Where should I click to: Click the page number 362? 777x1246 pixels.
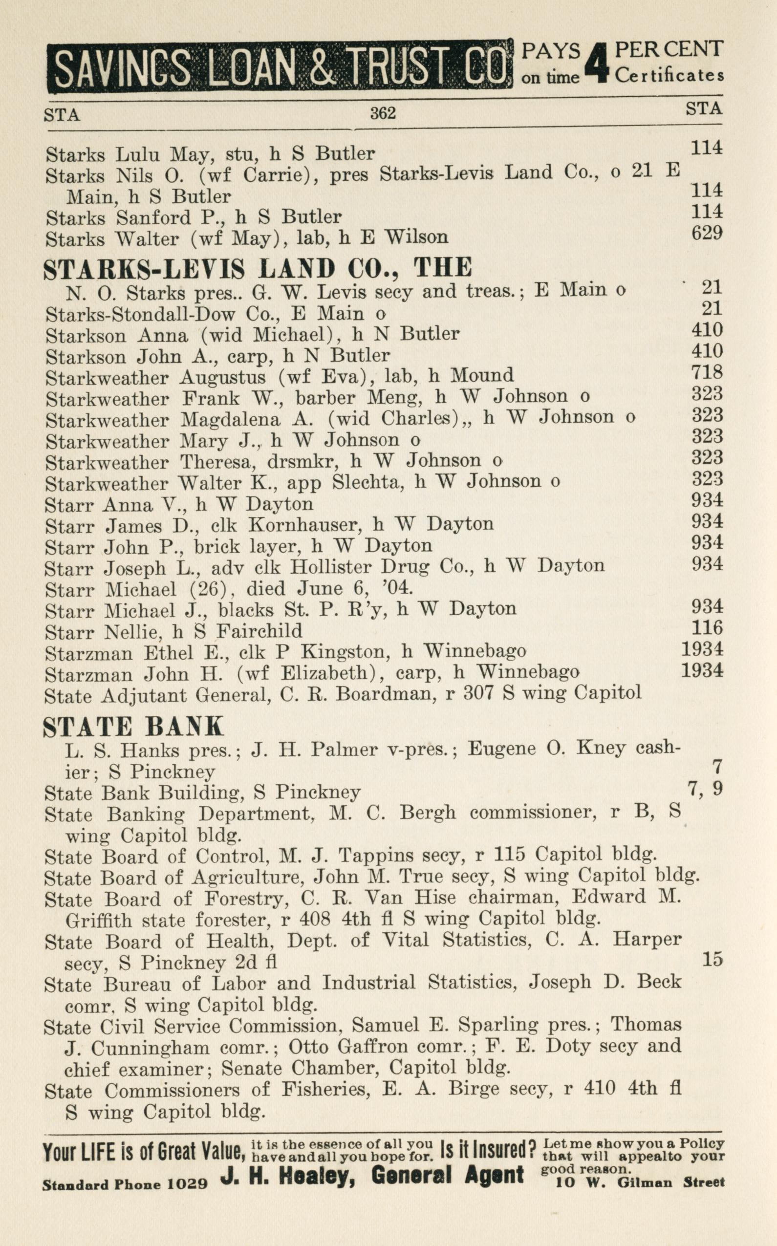click(x=383, y=112)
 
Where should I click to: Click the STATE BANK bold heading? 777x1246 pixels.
click(x=133, y=726)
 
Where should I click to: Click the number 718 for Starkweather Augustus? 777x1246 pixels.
click(x=707, y=372)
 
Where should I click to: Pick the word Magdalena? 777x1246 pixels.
click(x=230, y=420)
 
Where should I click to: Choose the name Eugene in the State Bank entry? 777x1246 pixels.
click(x=501, y=749)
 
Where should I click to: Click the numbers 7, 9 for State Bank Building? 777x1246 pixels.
click(x=705, y=788)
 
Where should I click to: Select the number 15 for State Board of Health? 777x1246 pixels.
click(x=712, y=959)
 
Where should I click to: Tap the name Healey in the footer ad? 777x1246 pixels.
click(x=317, y=1175)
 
